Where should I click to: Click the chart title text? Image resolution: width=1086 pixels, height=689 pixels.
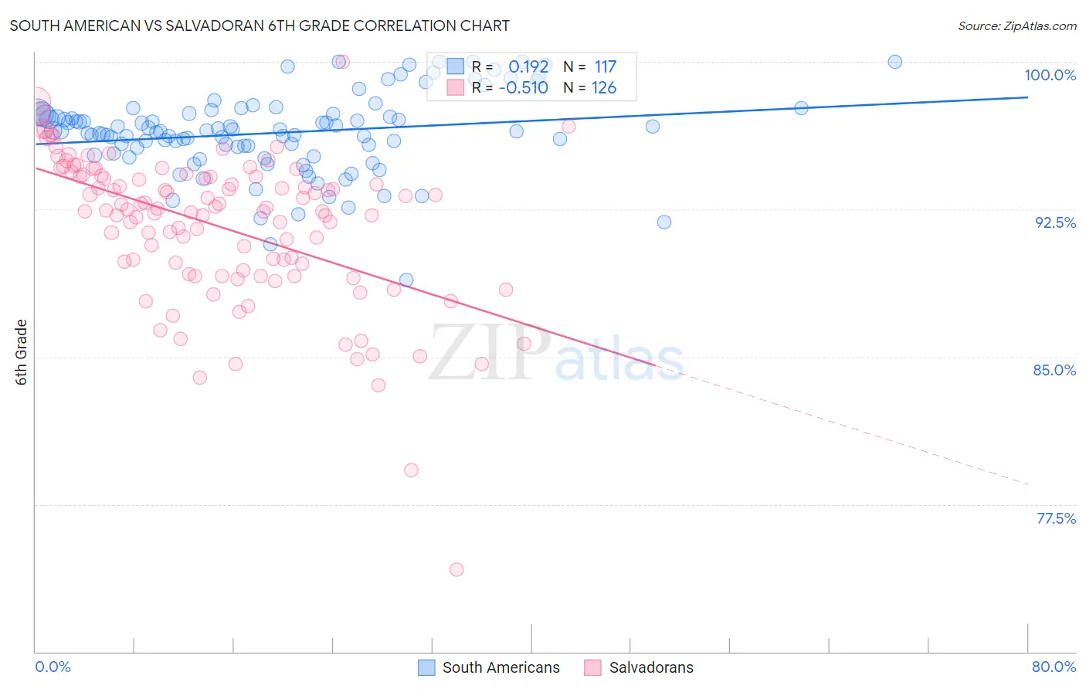click(x=260, y=25)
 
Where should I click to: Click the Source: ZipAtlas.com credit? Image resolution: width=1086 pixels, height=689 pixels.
click(x=1016, y=25)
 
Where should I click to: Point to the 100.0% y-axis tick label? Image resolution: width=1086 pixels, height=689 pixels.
click(x=1050, y=75)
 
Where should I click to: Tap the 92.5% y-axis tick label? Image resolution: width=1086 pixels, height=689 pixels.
click(x=1055, y=222)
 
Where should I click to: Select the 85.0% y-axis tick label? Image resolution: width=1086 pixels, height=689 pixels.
click(x=1054, y=370)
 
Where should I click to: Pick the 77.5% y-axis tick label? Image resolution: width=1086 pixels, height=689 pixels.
click(x=1056, y=518)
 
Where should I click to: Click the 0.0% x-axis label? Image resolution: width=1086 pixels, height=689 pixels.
click(x=53, y=667)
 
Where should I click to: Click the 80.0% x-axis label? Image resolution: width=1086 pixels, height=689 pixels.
click(x=1054, y=667)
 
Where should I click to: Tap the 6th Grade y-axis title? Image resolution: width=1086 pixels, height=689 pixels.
click(x=22, y=352)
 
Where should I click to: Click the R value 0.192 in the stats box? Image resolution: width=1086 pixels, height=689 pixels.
click(x=528, y=67)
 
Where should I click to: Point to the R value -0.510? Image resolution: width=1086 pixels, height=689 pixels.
click(x=524, y=87)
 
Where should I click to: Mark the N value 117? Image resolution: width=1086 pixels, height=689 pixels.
click(x=605, y=67)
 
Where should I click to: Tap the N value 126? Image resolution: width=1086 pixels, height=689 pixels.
click(x=604, y=87)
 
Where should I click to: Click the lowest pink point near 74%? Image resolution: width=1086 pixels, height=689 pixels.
click(x=456, y=569)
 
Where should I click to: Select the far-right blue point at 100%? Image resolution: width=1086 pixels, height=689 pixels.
click(x=894, y=62)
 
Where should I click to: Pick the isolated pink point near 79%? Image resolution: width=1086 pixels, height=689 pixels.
click(x=411, y=470)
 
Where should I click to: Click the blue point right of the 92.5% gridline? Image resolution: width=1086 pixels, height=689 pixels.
click(x=663, y=222)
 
